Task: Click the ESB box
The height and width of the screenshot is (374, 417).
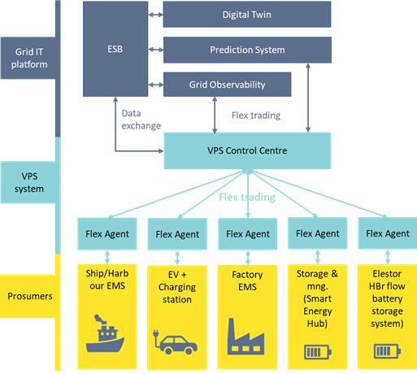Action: pyautogui.click(x=115, y=49)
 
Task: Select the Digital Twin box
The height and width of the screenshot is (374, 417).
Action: pyautogui.click(x=247, y=15)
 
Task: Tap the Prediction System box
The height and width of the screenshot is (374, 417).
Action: pyautogui.click(x=247, y=50)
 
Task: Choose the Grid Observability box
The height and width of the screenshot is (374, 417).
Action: pyautogui.click(x=227, y=85)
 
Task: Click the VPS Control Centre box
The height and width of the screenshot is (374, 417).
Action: pyautogui.click(x=247, y=150)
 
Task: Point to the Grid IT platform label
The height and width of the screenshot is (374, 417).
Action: pyautogui.click(x=28, y=58)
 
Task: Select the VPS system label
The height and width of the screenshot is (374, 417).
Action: pyautogui.click(x=28, y=182)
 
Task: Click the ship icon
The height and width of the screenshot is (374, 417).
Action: pyautogui.click(x=105, y=334)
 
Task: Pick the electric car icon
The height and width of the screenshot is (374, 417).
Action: pyautogui.click(x=175, y=341)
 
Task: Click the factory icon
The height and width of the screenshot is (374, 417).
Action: pyautogui.click(x=245, y=337)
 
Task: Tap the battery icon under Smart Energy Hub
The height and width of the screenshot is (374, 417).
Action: pyautogui.click(x=318, y=352)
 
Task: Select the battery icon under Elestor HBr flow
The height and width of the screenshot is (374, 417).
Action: pyautogui.click(x=388, y=351)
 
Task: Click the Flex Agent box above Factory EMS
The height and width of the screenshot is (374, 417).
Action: pyautogui.click(x=248, y=234)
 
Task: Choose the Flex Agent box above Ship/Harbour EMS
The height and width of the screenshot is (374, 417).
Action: pyautogui.click(x=107, y=233)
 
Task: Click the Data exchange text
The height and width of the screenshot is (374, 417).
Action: pyautogui.click(x=141, y=120)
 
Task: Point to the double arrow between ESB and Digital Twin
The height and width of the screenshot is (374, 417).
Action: pyautogui.click(x=156, y=15)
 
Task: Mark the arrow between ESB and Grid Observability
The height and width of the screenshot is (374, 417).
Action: pyautogui.click(x=156, y=85)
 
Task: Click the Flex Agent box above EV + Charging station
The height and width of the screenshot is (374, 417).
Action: pyautogui.click(x=177, y=234)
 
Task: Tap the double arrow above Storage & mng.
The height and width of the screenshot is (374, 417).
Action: pyautogui.click(x=318, y=257)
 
